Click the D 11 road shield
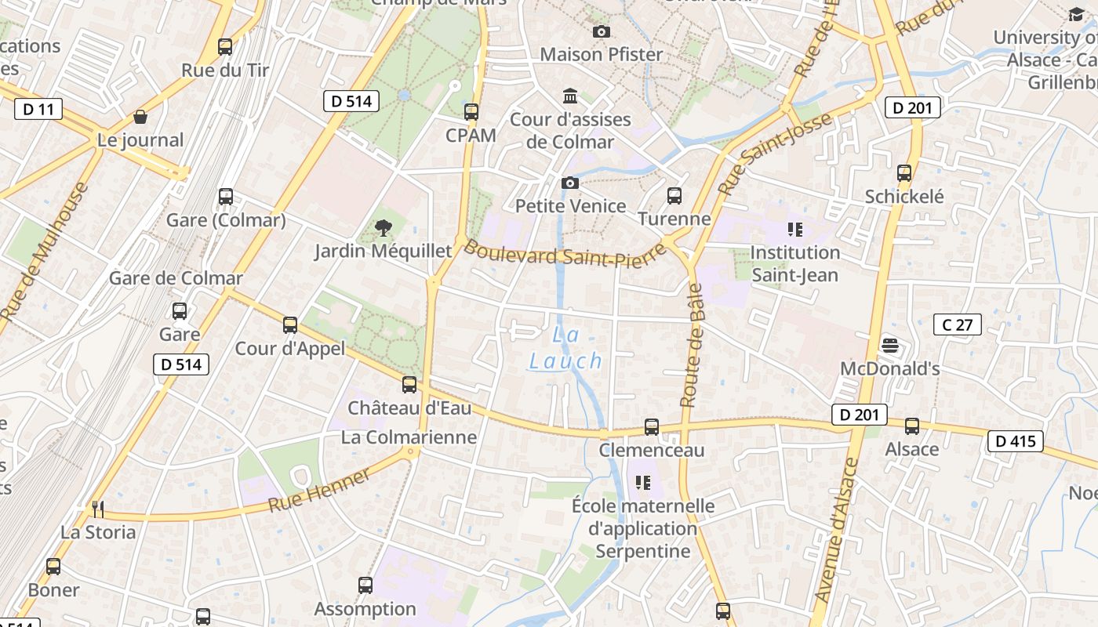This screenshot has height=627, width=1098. pos(38,109)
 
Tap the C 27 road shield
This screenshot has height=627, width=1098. pos(958,324)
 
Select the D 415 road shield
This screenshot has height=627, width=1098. pos(1016,441)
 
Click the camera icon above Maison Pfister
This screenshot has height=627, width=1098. pos(602,32)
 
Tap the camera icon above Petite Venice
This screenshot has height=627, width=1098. pos(570,183)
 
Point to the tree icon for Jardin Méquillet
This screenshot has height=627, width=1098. pos(384,228)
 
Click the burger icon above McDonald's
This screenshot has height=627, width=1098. pos(889,345)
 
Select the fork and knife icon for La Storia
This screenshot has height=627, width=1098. pos(98,509)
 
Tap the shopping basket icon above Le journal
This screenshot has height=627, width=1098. pos(140,118)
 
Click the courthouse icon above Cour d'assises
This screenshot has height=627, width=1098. pos(570,96)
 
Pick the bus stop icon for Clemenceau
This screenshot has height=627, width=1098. pos(652,427)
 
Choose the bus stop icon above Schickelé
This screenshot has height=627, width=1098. pos(904,173)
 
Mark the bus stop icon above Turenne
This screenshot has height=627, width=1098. pos(674,196)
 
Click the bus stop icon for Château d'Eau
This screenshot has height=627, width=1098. pos(409,385)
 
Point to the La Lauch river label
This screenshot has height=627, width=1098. pos(565,348)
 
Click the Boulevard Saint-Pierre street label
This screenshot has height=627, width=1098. pos(565,255)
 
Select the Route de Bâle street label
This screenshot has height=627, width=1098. pos(691,345)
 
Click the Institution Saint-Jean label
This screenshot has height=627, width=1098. pos(795,263)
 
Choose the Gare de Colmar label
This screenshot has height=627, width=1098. pos(176,278)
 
